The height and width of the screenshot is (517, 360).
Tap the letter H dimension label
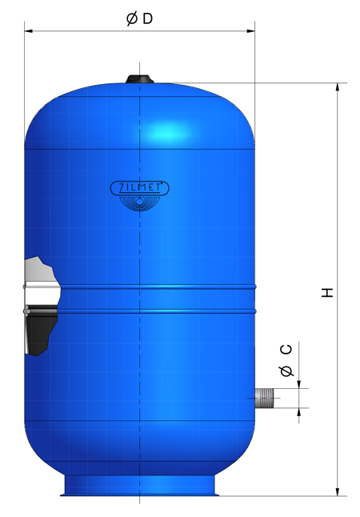327,291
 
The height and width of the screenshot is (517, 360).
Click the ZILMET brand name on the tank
138,188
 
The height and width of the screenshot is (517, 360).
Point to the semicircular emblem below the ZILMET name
139,204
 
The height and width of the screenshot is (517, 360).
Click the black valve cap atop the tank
139,79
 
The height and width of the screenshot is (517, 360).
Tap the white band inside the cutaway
40,289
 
